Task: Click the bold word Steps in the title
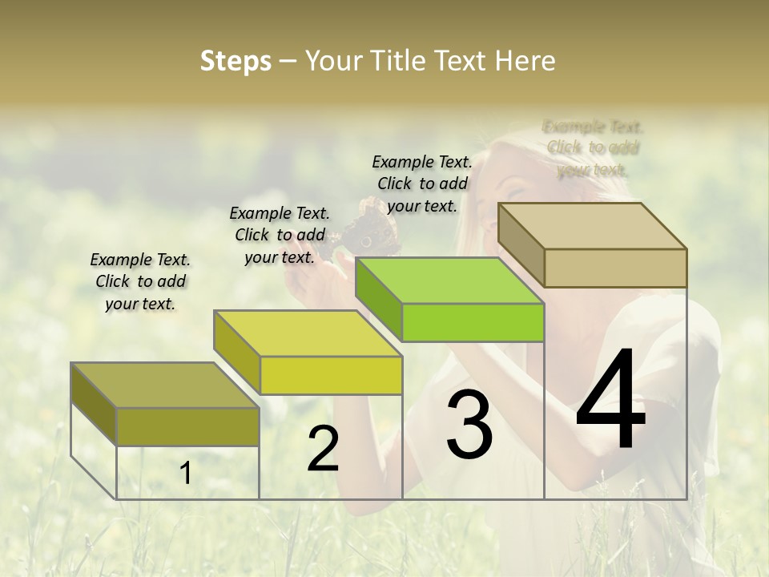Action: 236,61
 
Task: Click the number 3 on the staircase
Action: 469,424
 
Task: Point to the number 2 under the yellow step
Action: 323,449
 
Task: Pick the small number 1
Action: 185,474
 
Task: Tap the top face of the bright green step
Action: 449,280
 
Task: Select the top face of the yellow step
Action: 308,333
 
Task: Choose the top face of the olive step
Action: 165,385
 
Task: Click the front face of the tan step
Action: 615,268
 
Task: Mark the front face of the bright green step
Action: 473,322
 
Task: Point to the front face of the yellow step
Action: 331,375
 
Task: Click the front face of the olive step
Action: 187,426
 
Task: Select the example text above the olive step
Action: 140,281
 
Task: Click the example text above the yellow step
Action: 280,235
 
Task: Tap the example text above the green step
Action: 422,184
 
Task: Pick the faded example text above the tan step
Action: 593,147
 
